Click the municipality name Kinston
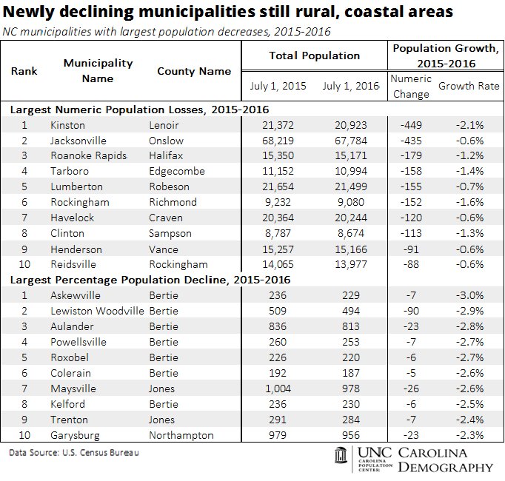67,125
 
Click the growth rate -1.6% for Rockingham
468,203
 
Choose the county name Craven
165,218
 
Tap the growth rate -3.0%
468,295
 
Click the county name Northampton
181,435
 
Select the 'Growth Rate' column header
469,86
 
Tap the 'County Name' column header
194,71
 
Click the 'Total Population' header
314,55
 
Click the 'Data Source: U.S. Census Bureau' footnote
74,452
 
